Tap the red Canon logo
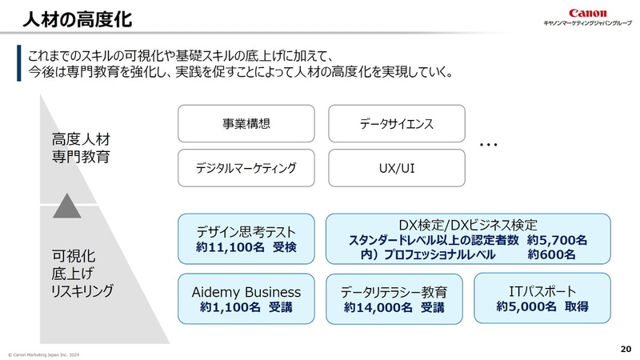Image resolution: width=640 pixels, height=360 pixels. [588, 13]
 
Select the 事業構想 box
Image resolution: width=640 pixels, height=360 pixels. [246, 124]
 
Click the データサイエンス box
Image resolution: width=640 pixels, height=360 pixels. [396, 124]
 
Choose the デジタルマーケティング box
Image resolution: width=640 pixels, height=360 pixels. [246, 168]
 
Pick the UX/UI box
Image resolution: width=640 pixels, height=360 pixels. [396, 168]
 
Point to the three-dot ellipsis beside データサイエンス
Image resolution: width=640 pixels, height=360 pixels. [489, 146]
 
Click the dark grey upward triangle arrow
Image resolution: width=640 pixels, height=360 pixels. [67, 206]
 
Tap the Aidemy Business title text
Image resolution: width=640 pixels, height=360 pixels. [246, 291]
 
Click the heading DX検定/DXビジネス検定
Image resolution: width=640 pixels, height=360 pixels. [467, 225]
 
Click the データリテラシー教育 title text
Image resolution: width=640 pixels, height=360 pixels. [394, 291]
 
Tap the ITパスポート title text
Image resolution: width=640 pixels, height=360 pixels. [542, 290]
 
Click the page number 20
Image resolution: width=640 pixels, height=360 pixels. [626, 349]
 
